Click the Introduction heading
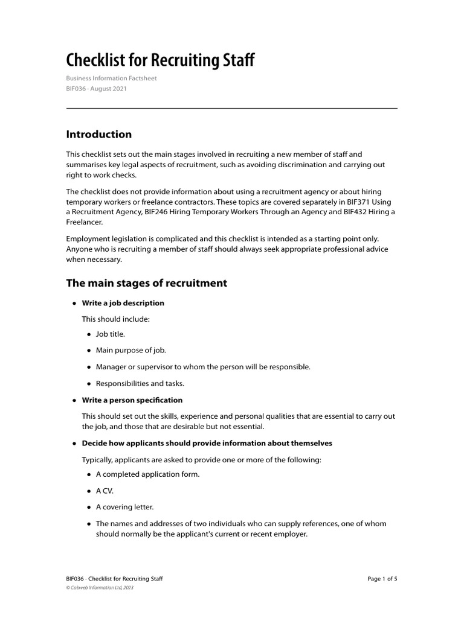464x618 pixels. pyautogui.click(x=98, y=134)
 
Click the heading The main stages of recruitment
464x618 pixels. pyautogui.click(x=146, y=283)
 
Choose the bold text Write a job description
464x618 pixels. pyautogui.click(x=123, y=303)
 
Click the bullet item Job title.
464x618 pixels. pyautogui.click(x=110, y=334)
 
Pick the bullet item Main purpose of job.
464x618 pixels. pyautogui.click(x=130, y=350)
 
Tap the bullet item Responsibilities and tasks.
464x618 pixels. pyautogui.click(x=140, y=383)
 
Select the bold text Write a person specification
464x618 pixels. pyautogui.click(x=132, y=400)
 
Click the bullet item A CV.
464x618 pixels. pyautogui.click(x=105, y=491)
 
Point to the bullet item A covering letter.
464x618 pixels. pyautogui.click(x=124, y=507)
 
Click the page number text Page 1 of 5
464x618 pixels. pyautogui.click(x=382, y=579)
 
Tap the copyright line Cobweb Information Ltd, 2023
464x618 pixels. pyautogui.click(x=100, y=587)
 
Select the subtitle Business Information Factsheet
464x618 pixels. pyautogui.click(x=111, y=78)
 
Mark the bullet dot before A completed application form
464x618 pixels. pyautogui.click(x=89, y=474)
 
